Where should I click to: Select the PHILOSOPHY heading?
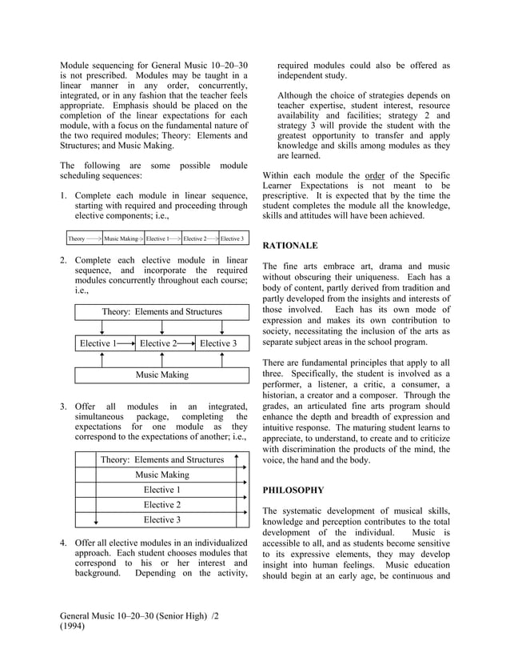(293, 490)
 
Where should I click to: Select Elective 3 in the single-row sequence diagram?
(232, 238)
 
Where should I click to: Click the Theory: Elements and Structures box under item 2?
(161, 311)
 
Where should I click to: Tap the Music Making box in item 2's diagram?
(161, 375)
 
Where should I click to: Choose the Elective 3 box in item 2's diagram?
(218, 343)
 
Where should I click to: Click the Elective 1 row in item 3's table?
(161, 490)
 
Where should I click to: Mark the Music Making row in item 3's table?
(161, 475)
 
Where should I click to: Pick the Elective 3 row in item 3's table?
(161, 520)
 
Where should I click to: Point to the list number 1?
(64, 196)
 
